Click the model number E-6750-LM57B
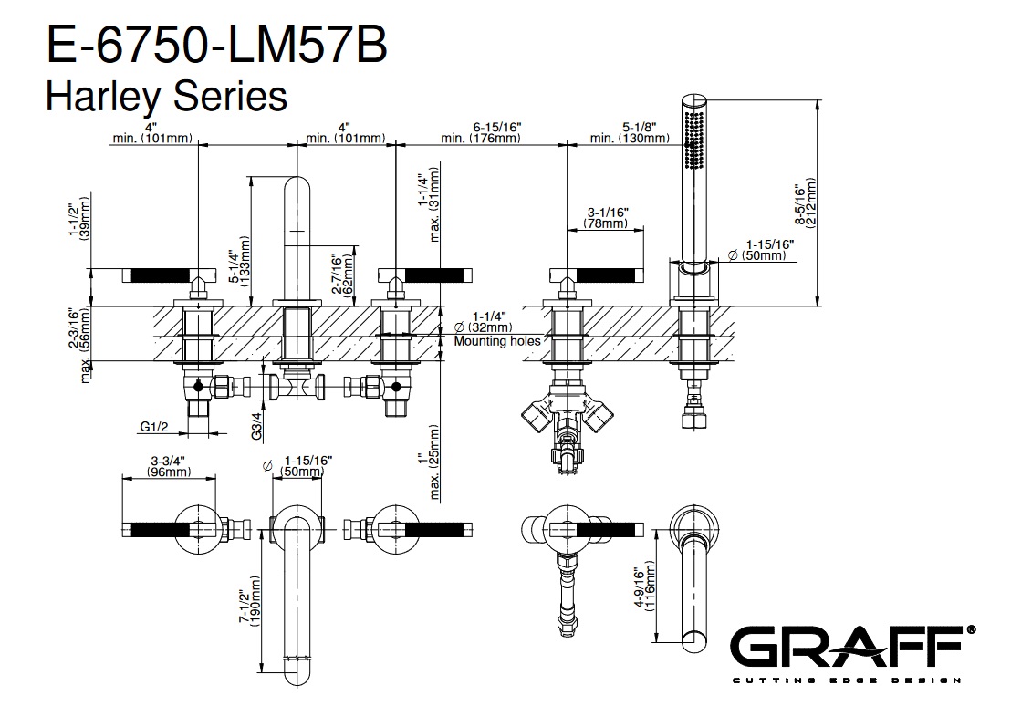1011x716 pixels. (x=215, y=46)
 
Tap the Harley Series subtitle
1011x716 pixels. (x=166, y=95)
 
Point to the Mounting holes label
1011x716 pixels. (x=497, y=341)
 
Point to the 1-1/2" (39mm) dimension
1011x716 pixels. (x=79, y=219)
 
